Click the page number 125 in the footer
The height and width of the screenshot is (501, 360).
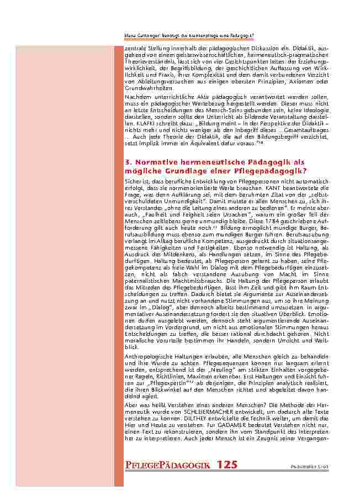click(226, 465)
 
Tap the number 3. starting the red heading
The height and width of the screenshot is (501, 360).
click(128, 162)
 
